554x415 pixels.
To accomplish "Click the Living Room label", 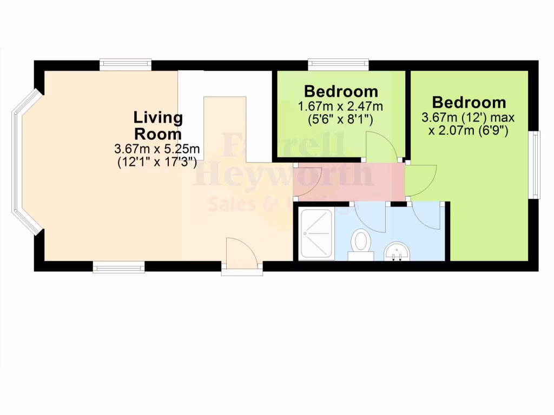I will pyautogui.click(x=158, y=125).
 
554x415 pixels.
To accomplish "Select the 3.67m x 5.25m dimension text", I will pyautogui.click(x=157, y=148).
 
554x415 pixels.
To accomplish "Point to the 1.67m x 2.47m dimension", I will pyautogui.click(x=340, y=105).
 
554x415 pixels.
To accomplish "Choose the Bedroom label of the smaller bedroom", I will pyautogui.click(x=340, y=90).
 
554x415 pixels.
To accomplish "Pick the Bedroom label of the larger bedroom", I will pyautogui.click(x=469, y=102).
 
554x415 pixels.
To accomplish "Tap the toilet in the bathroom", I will pyautogui.click(x=360, y=243).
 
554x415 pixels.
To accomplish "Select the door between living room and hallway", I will pyautogui.click(x=307, y=181).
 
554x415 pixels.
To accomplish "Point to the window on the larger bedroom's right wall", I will pyautogui.click(x=535, y=165).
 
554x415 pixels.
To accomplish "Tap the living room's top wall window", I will pyautogui.click(x=126, y=64).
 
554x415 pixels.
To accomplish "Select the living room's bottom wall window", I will pyautogui.click(x=118, y=267).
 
